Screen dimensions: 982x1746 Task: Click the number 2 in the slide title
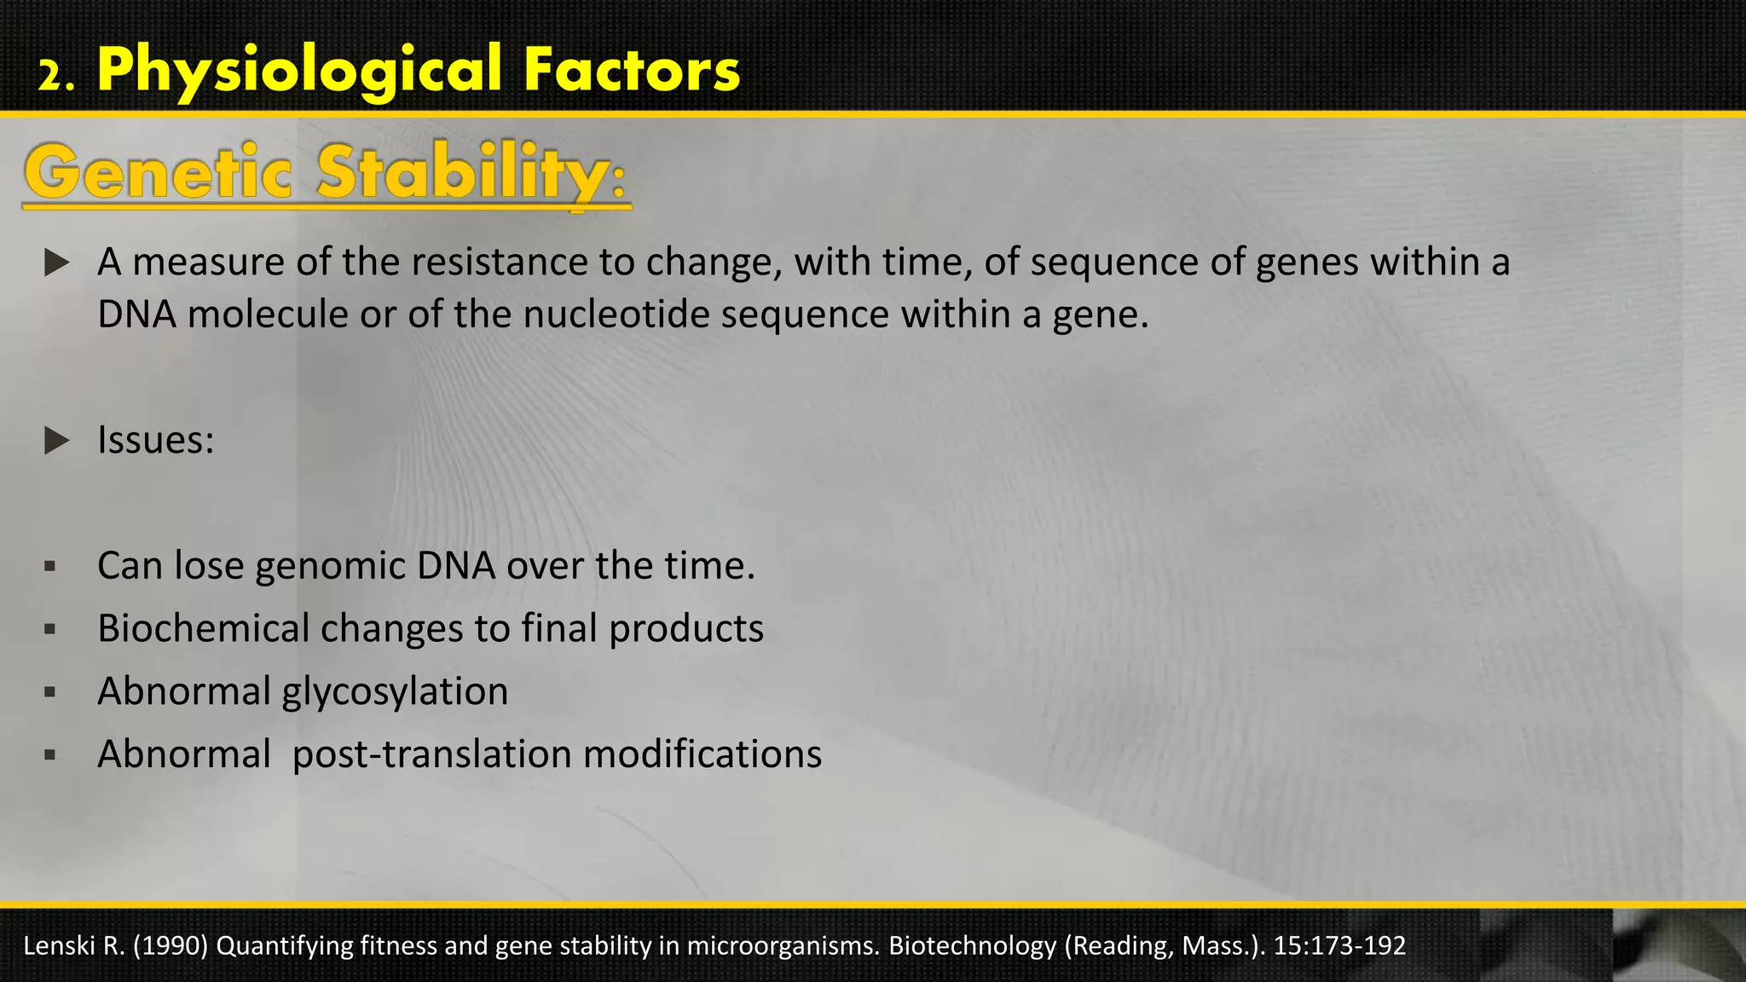click(x=50, y=78)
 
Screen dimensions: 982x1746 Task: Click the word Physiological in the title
click(x=299, y=71)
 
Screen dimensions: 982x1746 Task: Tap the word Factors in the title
click(x=632, y=71)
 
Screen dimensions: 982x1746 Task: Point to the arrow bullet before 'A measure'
click(x=56, y=263)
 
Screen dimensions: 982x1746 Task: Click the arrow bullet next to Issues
click(x=56, y=441)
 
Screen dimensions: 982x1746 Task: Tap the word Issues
click(x=155, y=441)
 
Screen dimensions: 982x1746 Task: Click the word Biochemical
click(x=203, y=629)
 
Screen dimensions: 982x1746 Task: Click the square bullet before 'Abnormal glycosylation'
click(x=49, y=692)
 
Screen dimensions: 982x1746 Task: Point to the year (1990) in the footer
click(x=170, y=946)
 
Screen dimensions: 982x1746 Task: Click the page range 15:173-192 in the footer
click(x=1339, y=946)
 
